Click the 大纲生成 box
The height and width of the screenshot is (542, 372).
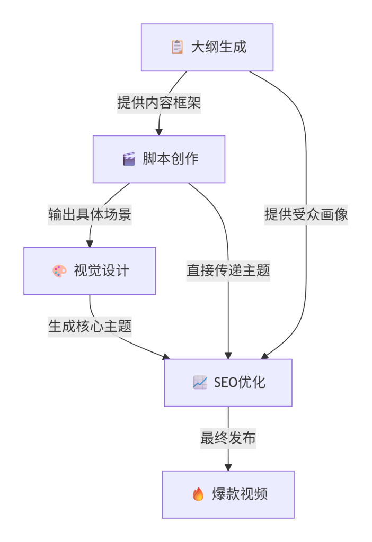coord(207,47)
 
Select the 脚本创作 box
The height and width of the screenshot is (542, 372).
coord(159,159)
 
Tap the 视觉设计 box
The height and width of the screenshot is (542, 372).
coord(90,270)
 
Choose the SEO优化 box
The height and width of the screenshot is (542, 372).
coord(228,382)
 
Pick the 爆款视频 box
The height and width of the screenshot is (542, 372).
coord(228,494)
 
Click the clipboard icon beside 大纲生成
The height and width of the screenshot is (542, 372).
coord(177,47)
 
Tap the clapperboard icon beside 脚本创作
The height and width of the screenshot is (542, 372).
coord(129,159)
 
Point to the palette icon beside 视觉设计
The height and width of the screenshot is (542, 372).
coord(59,271)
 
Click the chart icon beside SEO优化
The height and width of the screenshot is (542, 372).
coord(200,382)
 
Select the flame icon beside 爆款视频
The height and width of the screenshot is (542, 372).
coord(198,494)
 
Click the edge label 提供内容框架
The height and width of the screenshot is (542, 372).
coord(159,103)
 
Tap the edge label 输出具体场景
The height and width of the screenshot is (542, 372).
coord(90,215)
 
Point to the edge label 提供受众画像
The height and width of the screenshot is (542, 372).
coord(306,215)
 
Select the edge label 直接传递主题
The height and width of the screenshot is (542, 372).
coord(228,271)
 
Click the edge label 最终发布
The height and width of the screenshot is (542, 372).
coord(228,438)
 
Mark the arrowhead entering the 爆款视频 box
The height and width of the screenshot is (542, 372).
coord(228,467)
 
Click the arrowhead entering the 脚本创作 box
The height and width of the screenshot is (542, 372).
coord(159,131)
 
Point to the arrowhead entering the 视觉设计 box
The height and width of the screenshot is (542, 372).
coord(90,243)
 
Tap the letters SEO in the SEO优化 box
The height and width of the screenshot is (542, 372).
coord(226,382)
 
